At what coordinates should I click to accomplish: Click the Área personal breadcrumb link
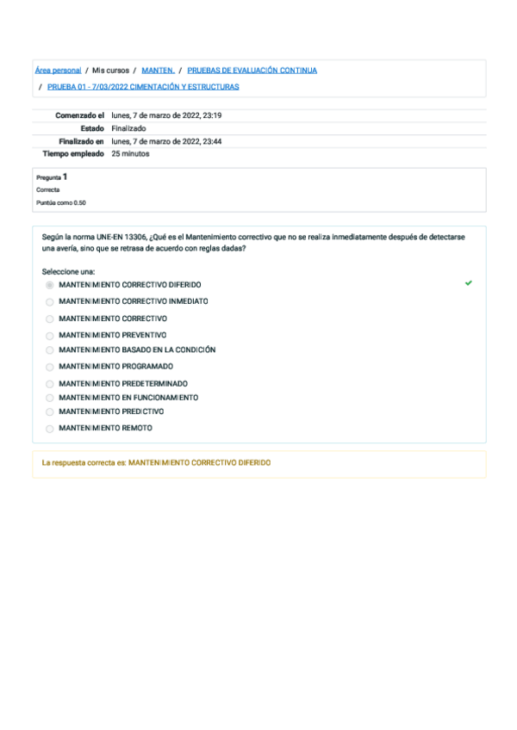(59, 71)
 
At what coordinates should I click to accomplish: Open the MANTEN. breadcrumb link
(158, 71)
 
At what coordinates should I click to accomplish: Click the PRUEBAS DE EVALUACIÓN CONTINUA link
(252, 71)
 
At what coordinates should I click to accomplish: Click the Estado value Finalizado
(128, 128)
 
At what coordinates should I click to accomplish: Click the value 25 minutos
(130, 154)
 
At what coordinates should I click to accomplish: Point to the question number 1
(65, 176)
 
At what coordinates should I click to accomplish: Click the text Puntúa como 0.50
(60, 203)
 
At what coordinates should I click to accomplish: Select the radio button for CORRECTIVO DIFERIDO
(49, 285)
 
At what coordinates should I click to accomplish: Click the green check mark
(468, 282)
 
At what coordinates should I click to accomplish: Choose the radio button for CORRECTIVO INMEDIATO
(49, 302)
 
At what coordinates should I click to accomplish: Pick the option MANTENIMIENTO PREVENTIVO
(113, 335)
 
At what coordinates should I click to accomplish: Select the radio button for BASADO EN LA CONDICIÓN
(49, 351)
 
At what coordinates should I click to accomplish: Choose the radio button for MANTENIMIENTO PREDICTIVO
(49, 412)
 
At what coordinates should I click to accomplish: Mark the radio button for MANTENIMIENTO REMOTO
(49, 429)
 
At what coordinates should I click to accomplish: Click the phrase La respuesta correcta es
(84, 463)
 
